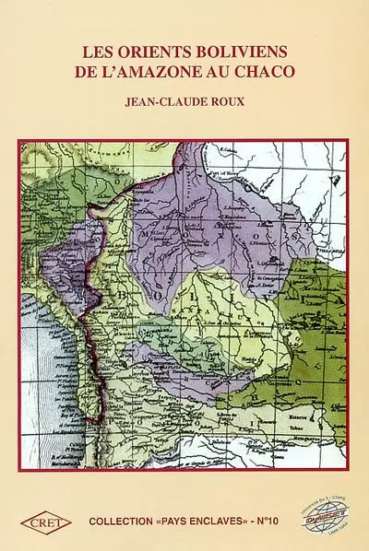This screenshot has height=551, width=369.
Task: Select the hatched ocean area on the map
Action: coord(46,369)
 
